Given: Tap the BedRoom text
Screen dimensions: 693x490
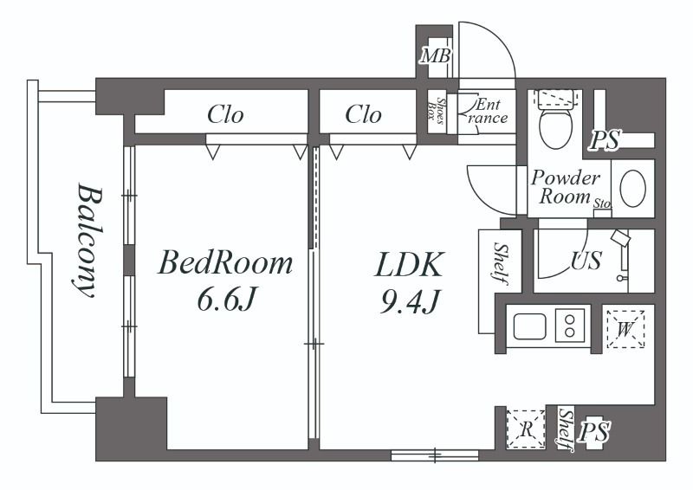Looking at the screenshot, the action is point(225,262).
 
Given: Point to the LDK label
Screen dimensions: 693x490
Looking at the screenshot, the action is point(408,265).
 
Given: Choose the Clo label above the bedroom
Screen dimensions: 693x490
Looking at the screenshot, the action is point(225,114).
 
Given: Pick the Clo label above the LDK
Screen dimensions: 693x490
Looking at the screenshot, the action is point(363,114).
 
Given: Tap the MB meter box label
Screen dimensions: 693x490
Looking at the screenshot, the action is point(436,56).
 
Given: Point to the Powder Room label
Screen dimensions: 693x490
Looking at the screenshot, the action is point(566,187).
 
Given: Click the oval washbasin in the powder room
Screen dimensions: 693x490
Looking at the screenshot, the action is point(633,188).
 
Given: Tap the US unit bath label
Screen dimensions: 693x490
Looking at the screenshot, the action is point(586,261).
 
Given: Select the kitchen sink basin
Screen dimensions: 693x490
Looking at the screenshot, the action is point(529,326).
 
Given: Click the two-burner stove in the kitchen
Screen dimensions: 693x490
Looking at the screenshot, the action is point(570,326).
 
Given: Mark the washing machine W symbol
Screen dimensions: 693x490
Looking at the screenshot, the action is point(625,329).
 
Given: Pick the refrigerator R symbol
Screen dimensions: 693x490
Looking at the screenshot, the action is point(526,429).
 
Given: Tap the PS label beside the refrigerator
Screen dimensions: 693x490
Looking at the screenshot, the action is point(595,432).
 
